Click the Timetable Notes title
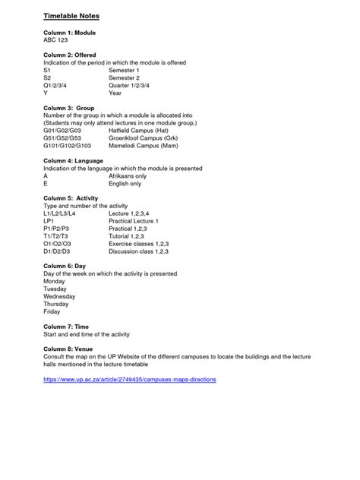[71, 15]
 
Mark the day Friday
[52, 311]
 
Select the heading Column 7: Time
[66, 327]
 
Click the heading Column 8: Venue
[69, 349]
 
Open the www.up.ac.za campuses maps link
[129, 378]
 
